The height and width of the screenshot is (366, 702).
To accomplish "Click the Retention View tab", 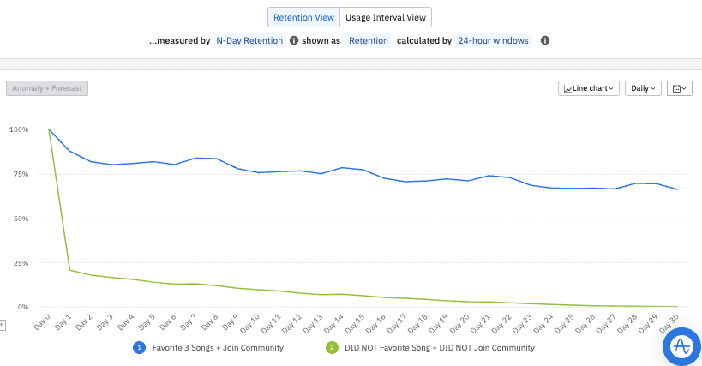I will [x=303, y=17].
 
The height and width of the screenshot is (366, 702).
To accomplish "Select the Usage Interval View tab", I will [x=386, y=17].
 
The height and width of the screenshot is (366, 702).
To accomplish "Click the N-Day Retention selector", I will [x=249, y=40].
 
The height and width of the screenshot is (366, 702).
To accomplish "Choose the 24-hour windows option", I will [x=494, y=40].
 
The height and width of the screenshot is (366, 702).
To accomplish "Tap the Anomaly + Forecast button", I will [x=47, y=87].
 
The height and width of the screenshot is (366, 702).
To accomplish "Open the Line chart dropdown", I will [x=589, y=88].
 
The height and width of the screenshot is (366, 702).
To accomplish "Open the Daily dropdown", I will [x=643, y=88].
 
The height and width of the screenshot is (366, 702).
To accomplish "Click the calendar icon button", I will [x=679, y=88].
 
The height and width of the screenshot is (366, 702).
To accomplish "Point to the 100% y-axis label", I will [x=19, y=130].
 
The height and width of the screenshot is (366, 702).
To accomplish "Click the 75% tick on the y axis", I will [x=21, y=174].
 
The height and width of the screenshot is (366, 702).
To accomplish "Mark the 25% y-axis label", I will [x=21, y=262].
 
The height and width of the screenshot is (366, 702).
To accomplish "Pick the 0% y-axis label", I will [x=23, y=307].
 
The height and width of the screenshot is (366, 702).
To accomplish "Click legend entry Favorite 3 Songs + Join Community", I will [x=215, y=348].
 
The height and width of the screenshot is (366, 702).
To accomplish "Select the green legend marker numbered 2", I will [x=333, y=348].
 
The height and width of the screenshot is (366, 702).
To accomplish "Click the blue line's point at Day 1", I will [x=70, y=151].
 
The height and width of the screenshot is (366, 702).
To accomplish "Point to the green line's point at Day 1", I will [x=70, y=270].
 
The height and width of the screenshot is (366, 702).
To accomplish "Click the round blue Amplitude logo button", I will [x=681, y=346].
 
